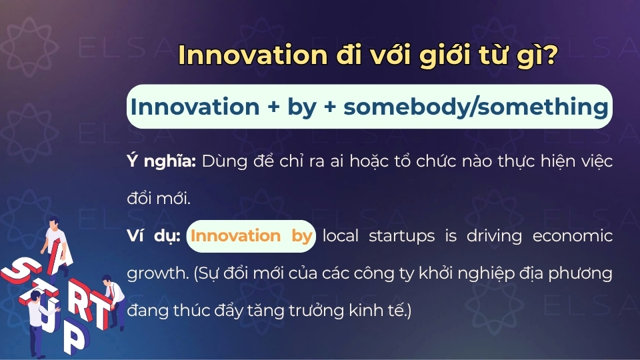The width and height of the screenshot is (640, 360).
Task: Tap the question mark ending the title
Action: tap(551, 56)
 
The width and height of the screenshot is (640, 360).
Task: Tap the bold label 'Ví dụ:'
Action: tap(153, 236)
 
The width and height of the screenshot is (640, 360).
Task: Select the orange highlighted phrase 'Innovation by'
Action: tap(251, 236)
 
